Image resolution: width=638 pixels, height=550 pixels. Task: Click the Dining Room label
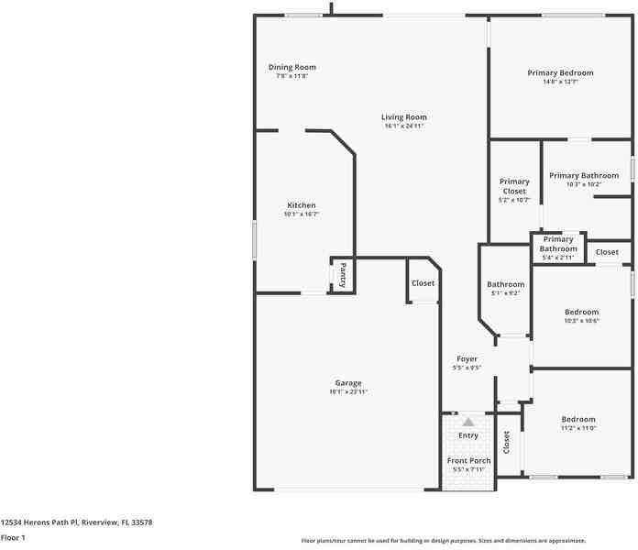click(x=291, y=67)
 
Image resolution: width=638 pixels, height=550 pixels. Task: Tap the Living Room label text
click(x=404, y=117)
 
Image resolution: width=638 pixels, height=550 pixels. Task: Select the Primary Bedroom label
click(x=559, y=72)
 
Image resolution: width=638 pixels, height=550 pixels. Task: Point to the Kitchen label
click(x=301, y=205)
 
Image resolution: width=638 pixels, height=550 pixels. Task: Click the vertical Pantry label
click(x=343, y=274)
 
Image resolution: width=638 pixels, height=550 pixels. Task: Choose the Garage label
click(x=347, y=383)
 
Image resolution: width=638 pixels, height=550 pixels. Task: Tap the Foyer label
click(x=467, y=359)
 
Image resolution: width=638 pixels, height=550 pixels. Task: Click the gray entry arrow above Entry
click(x=468, y=422)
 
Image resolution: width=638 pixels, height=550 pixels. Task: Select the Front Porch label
click(x=468, y=460)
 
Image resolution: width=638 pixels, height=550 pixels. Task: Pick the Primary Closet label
click(x=514, y=186)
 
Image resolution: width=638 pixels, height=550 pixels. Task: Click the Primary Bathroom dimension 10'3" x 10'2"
click(x=583, y=184)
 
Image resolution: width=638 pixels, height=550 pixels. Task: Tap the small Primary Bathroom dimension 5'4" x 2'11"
click(x=557, y=258)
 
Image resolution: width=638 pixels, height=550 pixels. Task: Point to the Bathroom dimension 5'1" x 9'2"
click(x=505, y=293)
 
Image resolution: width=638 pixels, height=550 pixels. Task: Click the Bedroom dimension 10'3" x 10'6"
click(x=581, y=321)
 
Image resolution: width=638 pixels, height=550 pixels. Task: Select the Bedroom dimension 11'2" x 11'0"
click(x=578, y=428)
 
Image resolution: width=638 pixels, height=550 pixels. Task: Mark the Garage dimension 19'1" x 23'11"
click(x=347, y=391)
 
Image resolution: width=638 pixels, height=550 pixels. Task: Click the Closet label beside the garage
click(x=423, y=283)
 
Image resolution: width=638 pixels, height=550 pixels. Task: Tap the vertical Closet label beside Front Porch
click(x=506, y=443)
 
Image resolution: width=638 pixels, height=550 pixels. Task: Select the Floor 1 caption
click(x=13, y=538)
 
